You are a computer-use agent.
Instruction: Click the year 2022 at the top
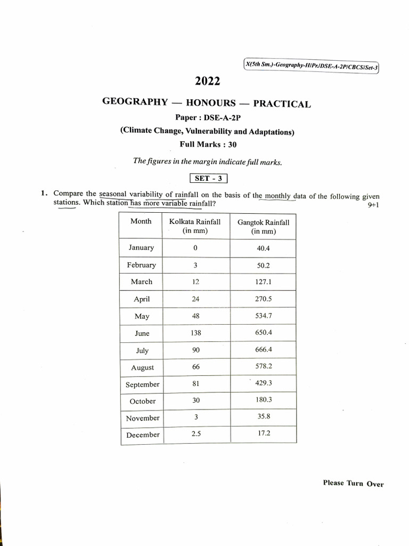pos(207,82)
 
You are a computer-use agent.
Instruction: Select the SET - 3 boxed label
pos(208,179)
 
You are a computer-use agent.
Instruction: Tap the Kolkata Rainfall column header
pos(195,226)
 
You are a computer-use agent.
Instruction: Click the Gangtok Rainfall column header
pos(263,227)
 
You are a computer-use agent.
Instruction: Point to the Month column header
pos(141,221)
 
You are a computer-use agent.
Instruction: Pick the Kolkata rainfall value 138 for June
pos(195,332)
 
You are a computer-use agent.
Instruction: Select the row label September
pos(142,384)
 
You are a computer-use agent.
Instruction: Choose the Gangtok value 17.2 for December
pos(264,433)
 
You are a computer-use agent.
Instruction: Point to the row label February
pos(142,265)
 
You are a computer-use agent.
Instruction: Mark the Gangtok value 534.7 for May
pos(264,316)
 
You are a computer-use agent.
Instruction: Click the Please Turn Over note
pos(353,484)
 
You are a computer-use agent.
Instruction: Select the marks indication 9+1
pos(373,205)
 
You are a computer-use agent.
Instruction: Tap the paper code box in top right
pos(311,66)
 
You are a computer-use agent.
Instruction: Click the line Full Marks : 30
pos(208,144)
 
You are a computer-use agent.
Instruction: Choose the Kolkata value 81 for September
pos(195,383)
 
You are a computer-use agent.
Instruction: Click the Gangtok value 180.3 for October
pos(264,399)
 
